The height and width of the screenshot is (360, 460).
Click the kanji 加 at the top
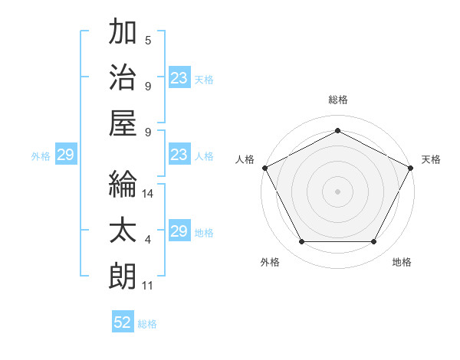pos(123,32)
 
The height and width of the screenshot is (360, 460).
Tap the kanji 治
pos(123,78)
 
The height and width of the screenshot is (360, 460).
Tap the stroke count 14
pos(148,194)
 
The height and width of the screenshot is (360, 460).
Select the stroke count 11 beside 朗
pos(147,286)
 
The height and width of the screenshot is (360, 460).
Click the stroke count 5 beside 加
pos(148,40)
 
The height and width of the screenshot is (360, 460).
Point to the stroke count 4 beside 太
pos(148,240)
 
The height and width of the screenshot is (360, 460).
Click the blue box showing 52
pos(123,322)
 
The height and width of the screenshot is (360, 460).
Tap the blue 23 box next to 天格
pos(179,78)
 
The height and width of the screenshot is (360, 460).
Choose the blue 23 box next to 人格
pos(179,155)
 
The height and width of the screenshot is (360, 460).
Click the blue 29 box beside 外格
pos(65,155)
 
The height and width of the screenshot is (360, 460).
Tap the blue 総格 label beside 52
pos(147,323)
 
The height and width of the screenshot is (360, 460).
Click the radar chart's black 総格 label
pos(337,100)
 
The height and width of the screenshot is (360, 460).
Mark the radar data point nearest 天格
pos(411,167)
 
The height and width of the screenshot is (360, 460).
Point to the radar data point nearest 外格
pos(301,242)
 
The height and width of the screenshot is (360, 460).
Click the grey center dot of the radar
pos(337,191)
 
